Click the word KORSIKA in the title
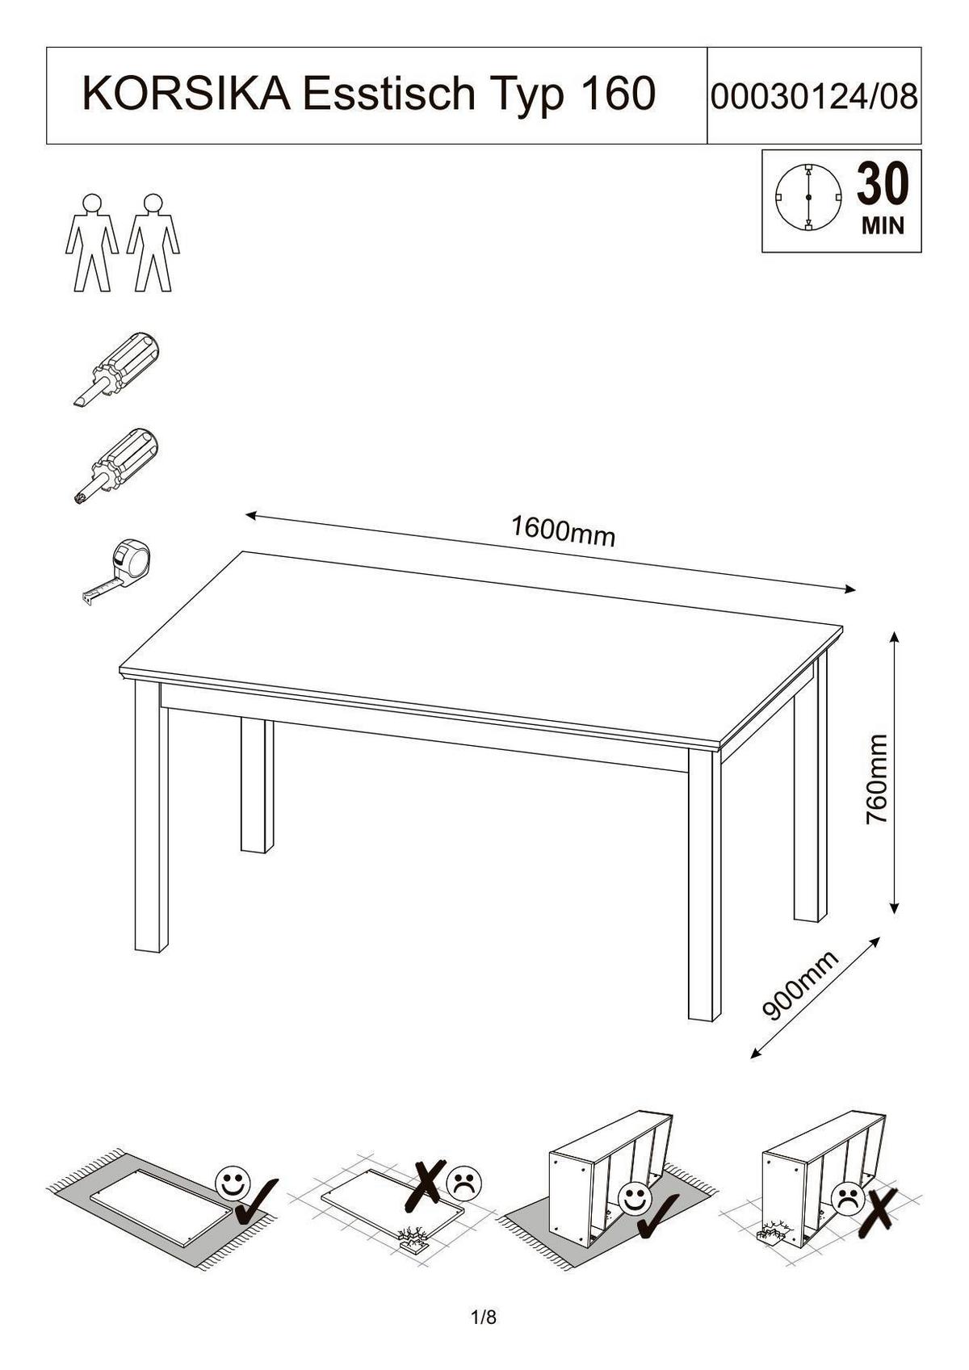[x=187, y=94]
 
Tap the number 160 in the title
[x=616, y=94]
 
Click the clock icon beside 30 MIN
[x=807, y=197]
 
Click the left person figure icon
[x=91, y=242]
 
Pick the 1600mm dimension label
[x=563, y=531]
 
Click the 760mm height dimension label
[x=876, y=778]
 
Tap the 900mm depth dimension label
[x=800, y=986]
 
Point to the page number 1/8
[x=484, y=1319]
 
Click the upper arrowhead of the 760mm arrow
[x=894, y=636]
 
